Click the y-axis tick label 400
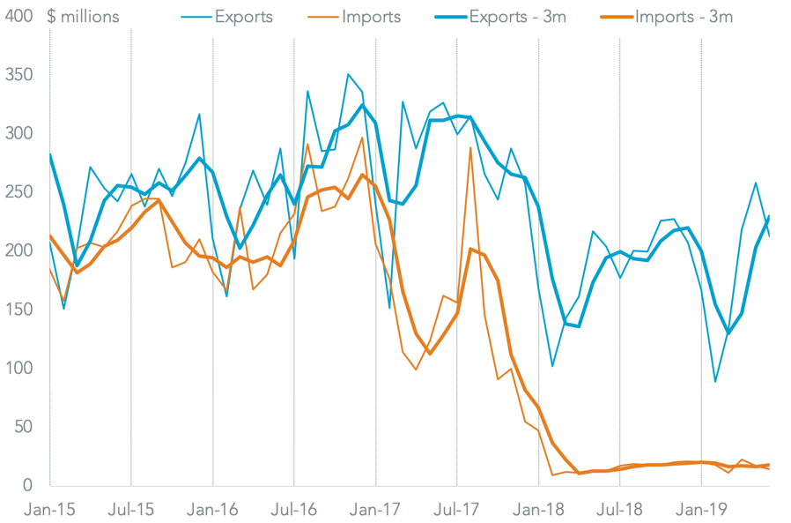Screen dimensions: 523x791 (20, 17)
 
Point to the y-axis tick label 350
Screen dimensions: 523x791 (20, 75)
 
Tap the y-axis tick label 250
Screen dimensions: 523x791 (20, 192)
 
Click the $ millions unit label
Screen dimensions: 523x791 (85, 17)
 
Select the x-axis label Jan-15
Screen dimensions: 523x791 (50, 509)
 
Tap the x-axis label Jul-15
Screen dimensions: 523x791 (131, 509)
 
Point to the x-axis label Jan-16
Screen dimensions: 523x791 (213, 509)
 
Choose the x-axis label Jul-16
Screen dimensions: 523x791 (294, 509)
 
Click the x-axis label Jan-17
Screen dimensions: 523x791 (376, 509)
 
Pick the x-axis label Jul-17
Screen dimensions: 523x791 (456, 509)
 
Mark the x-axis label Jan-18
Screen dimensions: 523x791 (538, 509)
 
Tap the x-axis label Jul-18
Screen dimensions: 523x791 (619, 509)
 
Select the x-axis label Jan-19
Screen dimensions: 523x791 (701, 509)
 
